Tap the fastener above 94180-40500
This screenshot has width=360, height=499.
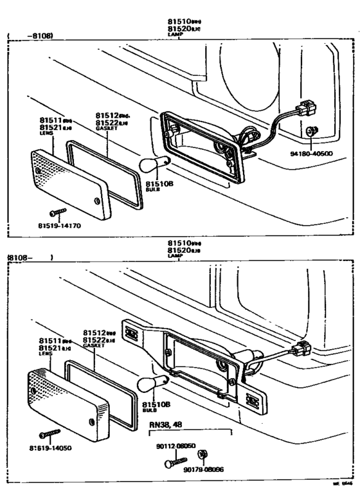click(311, 132)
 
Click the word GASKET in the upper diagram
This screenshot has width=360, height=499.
click(107, 128)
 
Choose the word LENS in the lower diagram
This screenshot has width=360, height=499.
click(45, 354)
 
